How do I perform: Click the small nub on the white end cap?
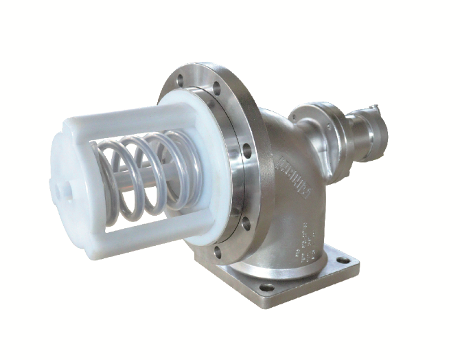(56, 185)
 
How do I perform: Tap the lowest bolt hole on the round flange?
(218, 251)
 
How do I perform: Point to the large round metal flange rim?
(237, 110)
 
